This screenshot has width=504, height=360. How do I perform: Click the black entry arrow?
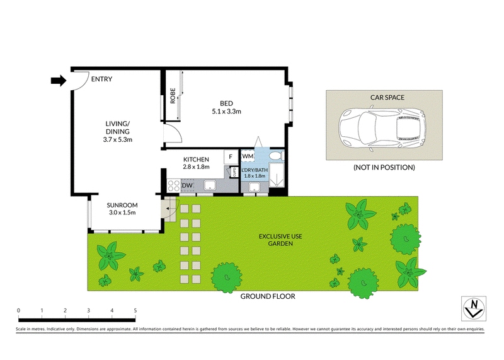coord(59,81)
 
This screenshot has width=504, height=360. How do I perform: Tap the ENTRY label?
coord(101,79)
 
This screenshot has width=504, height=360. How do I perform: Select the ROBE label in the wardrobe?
coord(173,96)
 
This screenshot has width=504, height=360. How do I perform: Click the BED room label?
coord(226,103)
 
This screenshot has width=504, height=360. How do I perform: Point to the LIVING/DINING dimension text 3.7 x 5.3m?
coord(118,139)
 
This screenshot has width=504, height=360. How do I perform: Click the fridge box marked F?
coord(231,157)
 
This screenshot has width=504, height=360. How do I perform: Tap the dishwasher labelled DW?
coord(187,185)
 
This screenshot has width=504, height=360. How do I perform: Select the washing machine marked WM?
coord(248,156)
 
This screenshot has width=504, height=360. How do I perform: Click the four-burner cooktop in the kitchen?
coord(174,186)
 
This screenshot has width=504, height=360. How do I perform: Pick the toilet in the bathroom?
coord(277,156)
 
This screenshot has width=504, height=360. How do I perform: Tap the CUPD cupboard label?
coord(234,172)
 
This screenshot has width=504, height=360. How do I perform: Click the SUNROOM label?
coord(122,206)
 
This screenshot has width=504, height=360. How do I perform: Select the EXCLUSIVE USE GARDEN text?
coord(280,240)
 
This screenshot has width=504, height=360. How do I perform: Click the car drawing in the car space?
coord(382,127)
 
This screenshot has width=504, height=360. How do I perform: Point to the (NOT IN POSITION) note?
coord(384,167)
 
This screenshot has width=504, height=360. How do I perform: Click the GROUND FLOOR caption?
coord(268,296)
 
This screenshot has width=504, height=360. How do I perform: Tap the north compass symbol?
coord(474,308)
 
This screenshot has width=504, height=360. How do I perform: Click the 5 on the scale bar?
coord(135,310)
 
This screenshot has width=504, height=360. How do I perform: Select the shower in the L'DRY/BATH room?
coord(277,175)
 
